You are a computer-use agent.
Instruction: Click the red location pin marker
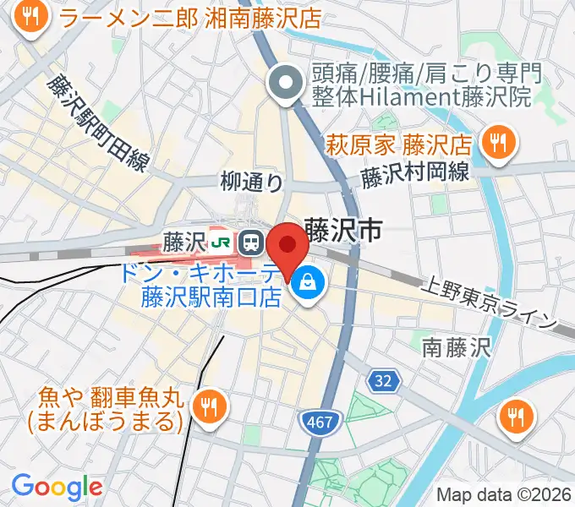287,247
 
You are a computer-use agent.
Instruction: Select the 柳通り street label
251,181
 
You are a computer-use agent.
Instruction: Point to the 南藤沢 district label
455,346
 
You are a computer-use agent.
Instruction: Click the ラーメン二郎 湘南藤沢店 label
191,18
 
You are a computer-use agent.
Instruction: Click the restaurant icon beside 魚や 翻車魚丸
207,406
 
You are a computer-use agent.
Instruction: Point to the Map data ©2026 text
502,494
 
